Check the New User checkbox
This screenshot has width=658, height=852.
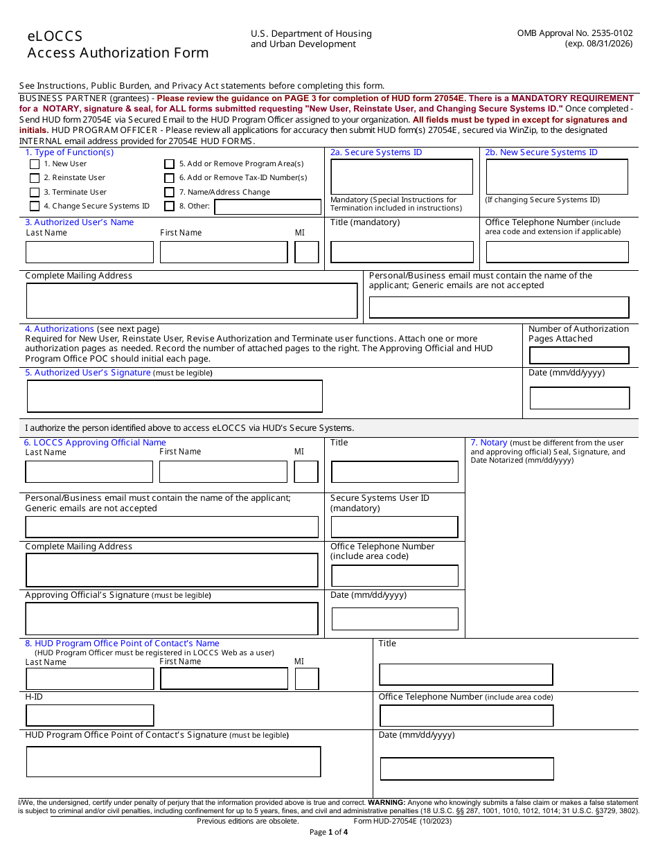[x=35, y=164]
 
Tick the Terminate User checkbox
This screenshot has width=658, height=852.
[x=35, y=193]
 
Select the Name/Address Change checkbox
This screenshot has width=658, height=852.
[x=169, y=193]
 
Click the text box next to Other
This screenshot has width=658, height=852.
[x=267, y=206]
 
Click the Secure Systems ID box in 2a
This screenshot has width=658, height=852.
[x=402, y=177]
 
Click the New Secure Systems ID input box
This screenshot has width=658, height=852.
[x=557, y=177]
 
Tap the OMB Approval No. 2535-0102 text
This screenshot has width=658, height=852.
[x=574, y=33]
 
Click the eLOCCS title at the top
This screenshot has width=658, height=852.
[x=55, y=36]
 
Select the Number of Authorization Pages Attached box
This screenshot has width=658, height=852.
[x=579, y=355]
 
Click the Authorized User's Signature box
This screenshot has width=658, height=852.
[x=175, y=396]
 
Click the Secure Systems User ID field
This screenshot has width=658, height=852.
[x=394, y=527]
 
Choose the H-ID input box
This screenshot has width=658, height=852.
[x=89, y=716]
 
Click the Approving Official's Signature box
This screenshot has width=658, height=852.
[x=172, y=619]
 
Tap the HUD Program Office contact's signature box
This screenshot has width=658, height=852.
[x=173, y=761]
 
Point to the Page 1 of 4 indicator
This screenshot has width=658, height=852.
[x=329, y=833]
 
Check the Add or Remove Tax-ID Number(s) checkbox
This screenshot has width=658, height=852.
[x=169, y=178]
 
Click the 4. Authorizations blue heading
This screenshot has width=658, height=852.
[x=60, y=329]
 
